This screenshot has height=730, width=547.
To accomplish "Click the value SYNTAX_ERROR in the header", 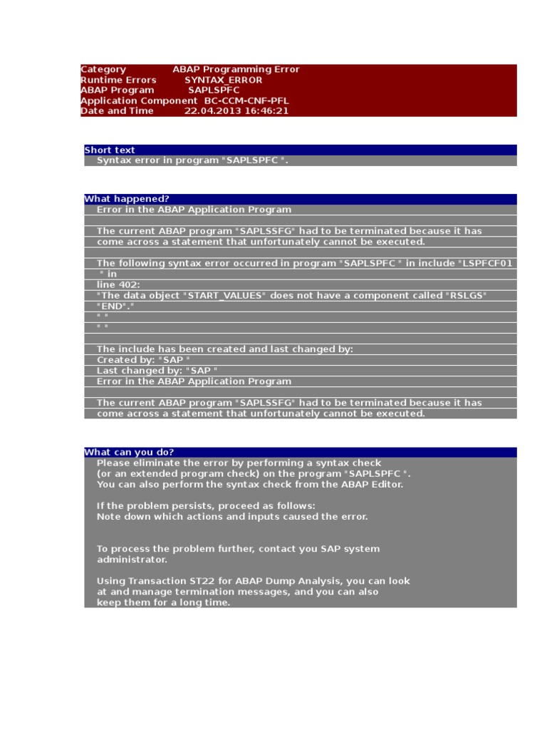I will coord(223,80).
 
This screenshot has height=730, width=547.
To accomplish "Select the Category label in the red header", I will coord(103,69).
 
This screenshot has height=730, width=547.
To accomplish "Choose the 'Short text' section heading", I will coord(110,150).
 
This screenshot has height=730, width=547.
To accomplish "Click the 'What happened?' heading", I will coord(127,199).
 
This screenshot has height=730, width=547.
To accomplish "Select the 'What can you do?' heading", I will coord(129,452).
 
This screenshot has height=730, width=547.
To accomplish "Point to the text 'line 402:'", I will coord(118,284).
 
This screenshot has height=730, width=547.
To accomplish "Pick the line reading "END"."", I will coord(115,306).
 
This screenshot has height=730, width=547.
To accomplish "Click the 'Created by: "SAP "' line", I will coord(143,360).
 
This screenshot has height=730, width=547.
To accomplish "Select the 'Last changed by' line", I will coord(157,371).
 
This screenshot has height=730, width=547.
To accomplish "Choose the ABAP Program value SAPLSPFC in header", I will coord(214,91).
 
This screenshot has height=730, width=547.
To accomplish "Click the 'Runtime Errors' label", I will coord(118,80).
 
